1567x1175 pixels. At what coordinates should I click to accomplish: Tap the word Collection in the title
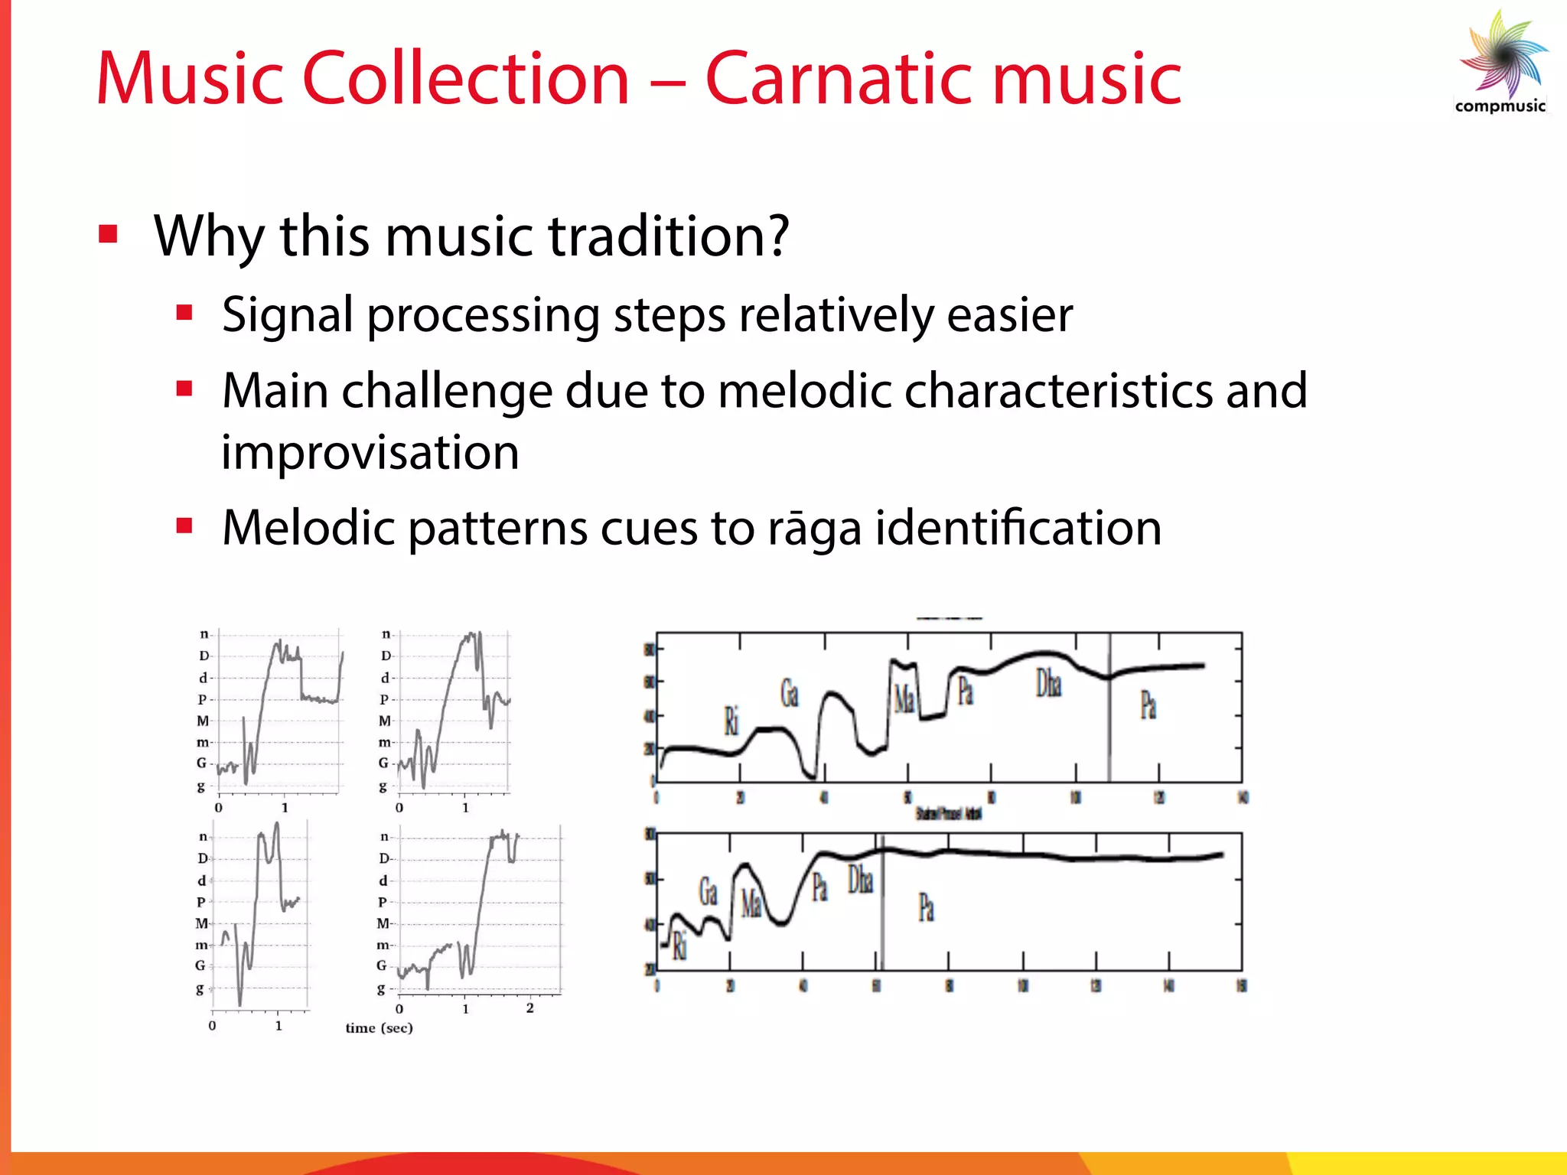(466, 79)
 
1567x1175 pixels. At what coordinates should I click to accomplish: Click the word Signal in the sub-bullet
(287, 315)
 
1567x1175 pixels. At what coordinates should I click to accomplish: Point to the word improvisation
(370, 452)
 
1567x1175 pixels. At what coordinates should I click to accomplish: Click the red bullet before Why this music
(108, 234)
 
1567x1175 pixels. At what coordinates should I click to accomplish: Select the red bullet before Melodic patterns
(184, 526)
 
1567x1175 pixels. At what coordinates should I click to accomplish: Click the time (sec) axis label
(379, 1028)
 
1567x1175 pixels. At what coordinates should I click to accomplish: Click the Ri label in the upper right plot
(731, 721)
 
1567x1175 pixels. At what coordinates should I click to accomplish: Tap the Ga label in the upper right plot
(789, 693)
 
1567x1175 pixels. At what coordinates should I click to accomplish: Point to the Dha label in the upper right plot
(1048, 683)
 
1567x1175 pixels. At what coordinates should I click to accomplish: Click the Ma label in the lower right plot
(751, 903)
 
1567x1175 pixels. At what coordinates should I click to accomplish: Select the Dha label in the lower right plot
(860, 880)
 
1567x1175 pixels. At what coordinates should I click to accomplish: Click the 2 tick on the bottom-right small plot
(529, 1008)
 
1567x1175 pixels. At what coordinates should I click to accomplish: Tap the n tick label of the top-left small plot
(204, 634)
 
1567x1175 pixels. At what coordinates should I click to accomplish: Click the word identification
(1018, 529)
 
